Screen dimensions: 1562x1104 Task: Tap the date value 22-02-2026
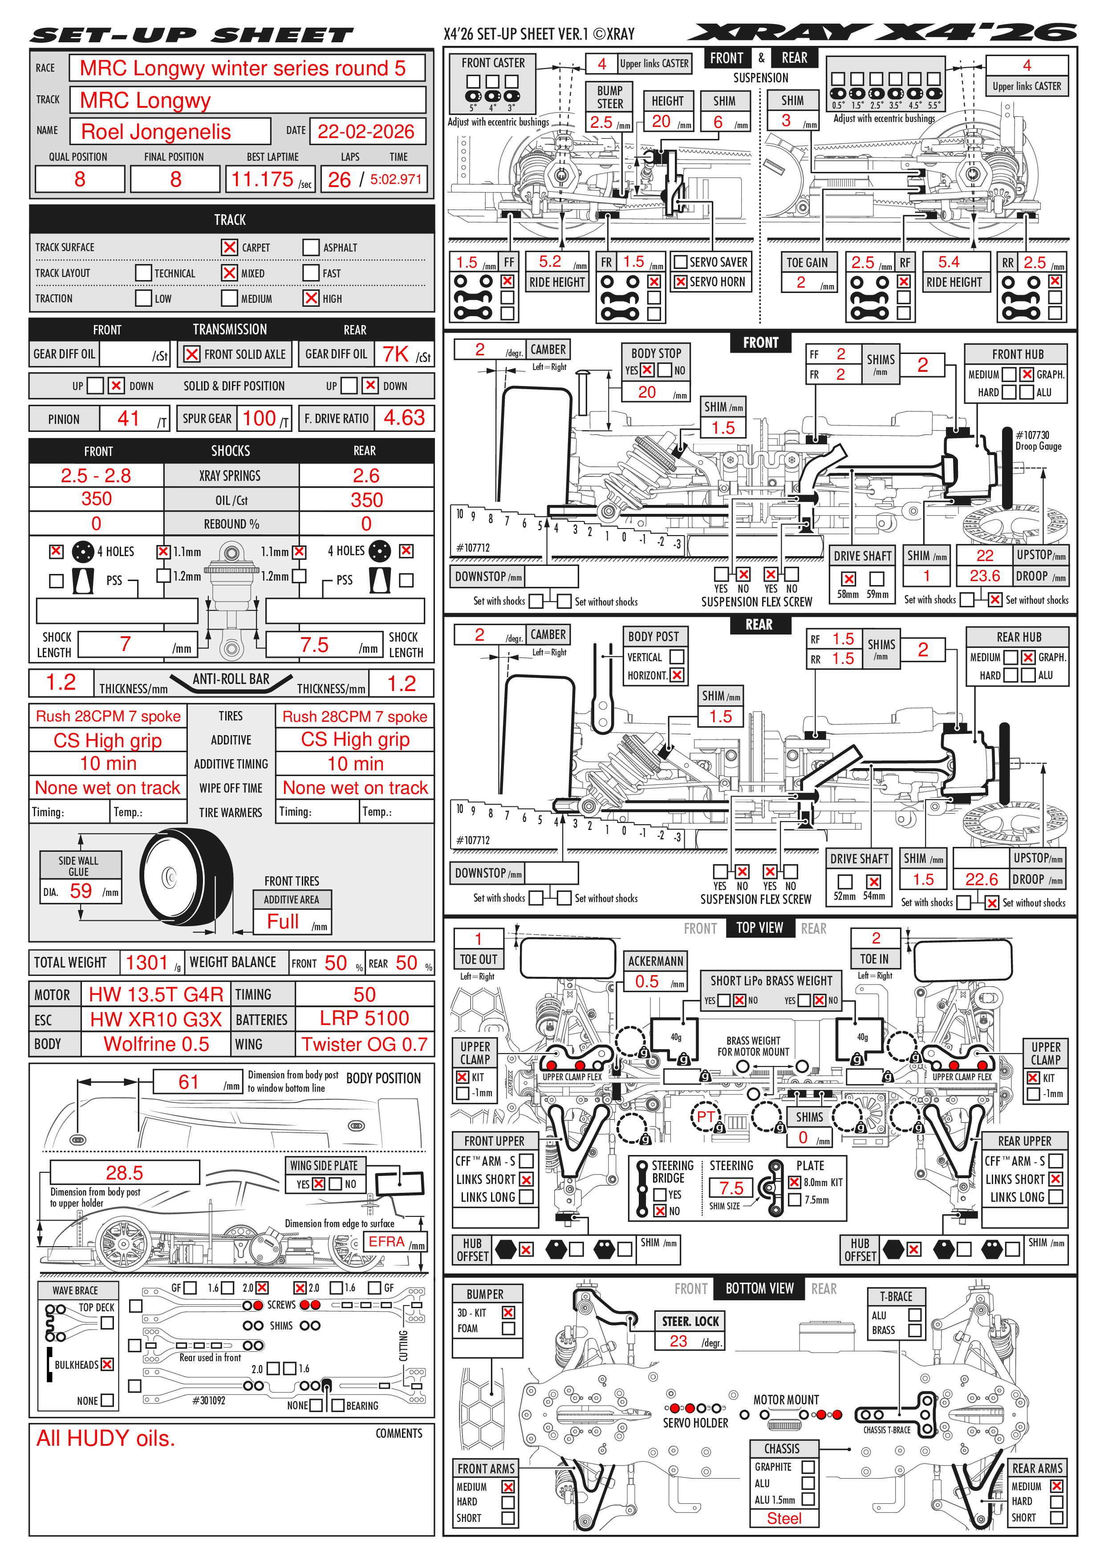[x=365, y=131]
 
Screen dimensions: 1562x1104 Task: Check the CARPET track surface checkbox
[x=229, y=247]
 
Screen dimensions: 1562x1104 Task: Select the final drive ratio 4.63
[x=404, y=418]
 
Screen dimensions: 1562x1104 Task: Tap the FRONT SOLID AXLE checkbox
[x=192, y=354]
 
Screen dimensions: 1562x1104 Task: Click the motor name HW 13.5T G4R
[x=156, y=995]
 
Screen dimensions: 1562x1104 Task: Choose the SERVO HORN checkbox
[x=680, y=282]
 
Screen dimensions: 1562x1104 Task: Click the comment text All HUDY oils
[x=106, y=1438]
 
